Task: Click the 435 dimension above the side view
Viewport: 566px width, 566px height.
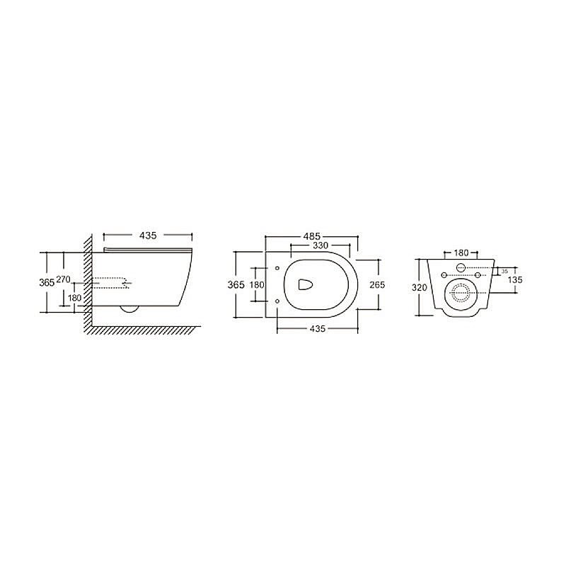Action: (x=148, y=234)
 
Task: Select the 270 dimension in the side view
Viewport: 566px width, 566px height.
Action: (x=63, y=280)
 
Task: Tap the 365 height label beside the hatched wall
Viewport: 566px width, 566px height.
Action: (x=46, y=282)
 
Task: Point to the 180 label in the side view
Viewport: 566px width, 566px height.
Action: (x=74, y=298)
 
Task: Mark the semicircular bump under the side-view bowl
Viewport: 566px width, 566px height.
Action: (x=129, y=308)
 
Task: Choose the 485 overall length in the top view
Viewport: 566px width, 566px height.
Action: (x=312, y=235)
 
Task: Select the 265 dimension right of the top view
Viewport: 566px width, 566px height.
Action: (x=376, y=284)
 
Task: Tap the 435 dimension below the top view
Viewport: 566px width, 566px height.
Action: (x=317, y=330)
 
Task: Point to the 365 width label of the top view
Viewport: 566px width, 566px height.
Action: (x=236, y=284)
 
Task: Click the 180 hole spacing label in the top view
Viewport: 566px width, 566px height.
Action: (x=257, y=284)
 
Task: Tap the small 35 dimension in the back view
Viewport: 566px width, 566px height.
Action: (x=504, y=271)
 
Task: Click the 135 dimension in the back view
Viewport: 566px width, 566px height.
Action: (x=515, y=280)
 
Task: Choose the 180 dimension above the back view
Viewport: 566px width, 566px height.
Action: (x=461, y=253)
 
